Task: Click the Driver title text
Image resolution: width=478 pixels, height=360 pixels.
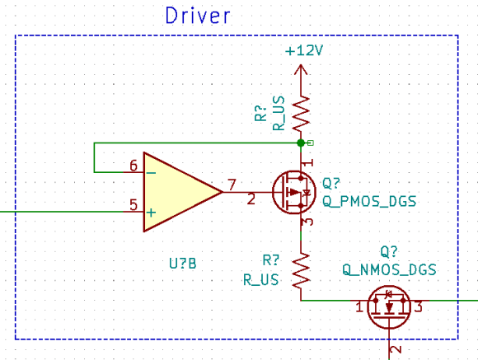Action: (198, 15)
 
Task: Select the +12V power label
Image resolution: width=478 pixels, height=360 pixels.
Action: (303, 51)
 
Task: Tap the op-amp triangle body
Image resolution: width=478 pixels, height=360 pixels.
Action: (176, 192)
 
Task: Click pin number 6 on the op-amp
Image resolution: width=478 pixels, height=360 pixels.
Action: (134, 166)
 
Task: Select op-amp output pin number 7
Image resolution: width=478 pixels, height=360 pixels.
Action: (233, 184)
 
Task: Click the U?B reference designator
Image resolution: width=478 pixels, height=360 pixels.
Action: (182, 264)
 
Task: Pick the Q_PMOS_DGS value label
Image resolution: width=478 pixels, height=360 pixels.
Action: (368, 200)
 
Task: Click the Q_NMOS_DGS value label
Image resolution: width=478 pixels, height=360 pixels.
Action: (389, 269)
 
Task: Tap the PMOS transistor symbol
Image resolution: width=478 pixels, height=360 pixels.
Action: (295, 192)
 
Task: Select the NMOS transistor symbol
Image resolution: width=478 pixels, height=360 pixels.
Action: (387, 307)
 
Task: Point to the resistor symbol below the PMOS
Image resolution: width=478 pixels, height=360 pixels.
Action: (302, 268)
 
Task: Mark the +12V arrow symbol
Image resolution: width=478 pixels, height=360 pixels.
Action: (302, 69)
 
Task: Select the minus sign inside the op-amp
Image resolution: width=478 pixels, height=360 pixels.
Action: (151, 172)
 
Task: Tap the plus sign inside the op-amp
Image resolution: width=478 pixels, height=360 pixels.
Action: (151, 212)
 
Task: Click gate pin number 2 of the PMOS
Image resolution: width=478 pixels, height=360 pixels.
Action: (251, 199)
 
